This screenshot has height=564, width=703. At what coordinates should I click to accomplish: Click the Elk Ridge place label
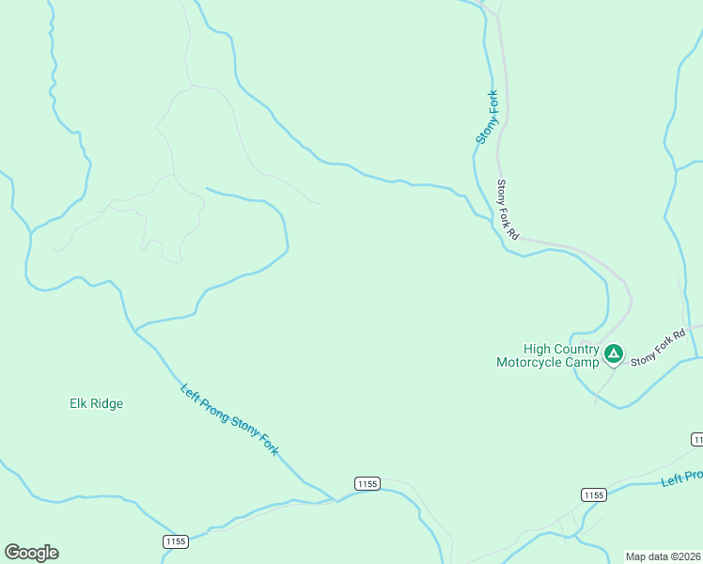[x=96, y=404]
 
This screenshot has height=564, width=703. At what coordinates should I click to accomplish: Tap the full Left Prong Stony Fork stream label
[x=229, y=420]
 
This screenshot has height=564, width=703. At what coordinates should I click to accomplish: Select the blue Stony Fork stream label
[x=487, y=117]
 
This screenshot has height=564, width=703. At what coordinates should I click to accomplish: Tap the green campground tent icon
[x=613, y=354]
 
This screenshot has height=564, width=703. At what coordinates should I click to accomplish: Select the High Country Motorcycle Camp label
[x=547, y=355]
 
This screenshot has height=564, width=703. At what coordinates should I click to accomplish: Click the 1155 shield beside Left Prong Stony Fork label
[x=367, y=483]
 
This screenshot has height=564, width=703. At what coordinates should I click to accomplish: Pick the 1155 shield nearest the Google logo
[x=175, y=541]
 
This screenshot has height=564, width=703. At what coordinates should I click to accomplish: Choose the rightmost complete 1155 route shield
[x=593, y=494]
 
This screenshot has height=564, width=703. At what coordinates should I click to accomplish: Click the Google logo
[x=31, y=553]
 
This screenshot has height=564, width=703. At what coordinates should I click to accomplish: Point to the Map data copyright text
[x=664, y=556]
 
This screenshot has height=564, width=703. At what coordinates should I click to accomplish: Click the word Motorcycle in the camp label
[x=535, y=362]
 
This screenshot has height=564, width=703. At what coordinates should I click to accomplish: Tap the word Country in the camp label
[x=575, y=349]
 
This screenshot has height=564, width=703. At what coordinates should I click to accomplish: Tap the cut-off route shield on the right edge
[x=697, y=439]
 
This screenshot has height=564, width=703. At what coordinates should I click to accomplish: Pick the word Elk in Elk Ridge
[x=78, y=404]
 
